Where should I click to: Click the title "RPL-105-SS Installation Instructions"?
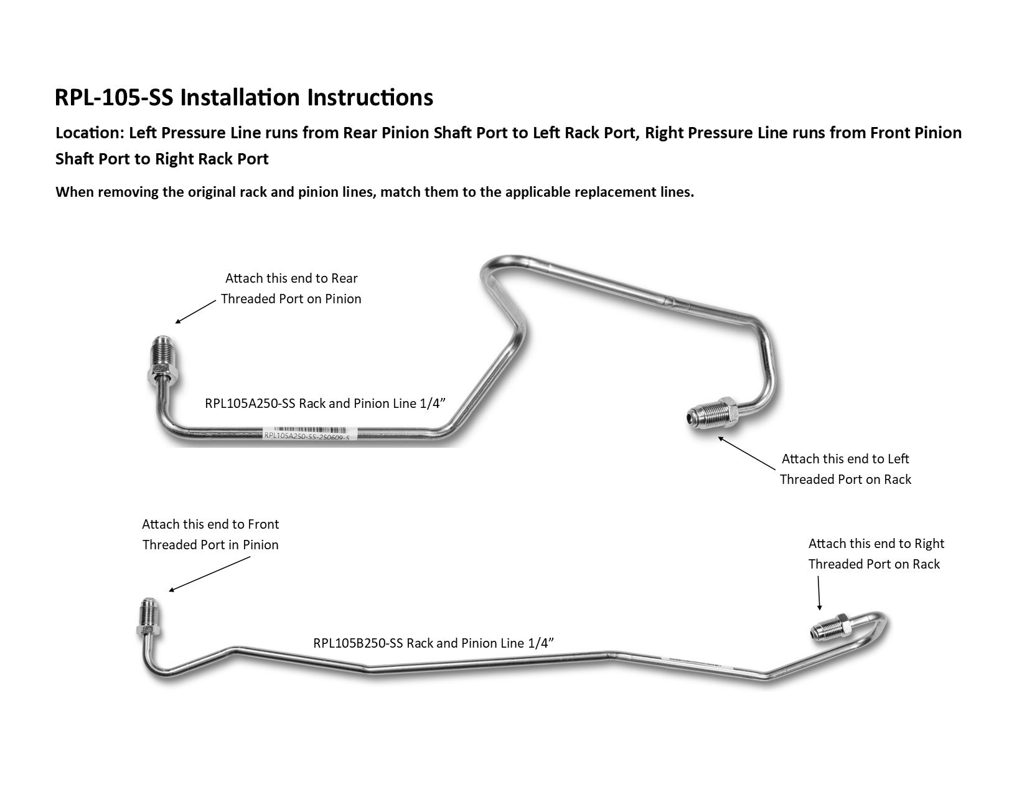coord(244,98)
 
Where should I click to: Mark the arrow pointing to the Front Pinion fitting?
coord(209,574)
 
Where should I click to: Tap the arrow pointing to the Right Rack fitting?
coord(818,593)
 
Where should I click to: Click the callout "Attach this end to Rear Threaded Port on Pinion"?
coord(291,289)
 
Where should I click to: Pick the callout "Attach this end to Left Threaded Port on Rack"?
coord(845,470)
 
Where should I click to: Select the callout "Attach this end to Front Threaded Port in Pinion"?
coord(210,535)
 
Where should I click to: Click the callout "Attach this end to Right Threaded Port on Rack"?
coord(876,554)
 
